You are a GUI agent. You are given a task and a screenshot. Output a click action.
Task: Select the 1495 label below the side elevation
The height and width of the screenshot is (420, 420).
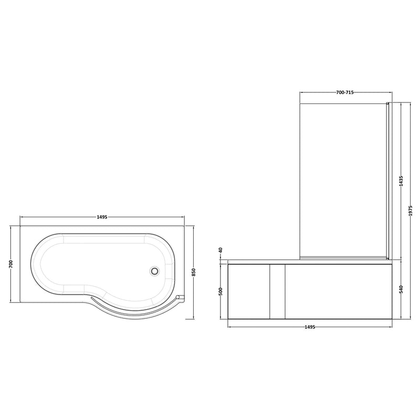310,327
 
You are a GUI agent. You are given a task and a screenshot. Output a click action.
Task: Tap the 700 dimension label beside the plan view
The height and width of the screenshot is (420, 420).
11,264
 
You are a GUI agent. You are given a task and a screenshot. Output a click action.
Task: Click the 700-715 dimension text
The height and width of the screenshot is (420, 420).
344,92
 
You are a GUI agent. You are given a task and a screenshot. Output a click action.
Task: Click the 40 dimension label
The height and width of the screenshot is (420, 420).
221,250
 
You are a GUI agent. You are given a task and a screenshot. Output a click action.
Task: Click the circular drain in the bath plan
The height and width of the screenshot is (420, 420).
154,271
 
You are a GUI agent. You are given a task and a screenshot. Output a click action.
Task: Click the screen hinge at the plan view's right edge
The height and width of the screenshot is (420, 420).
182,297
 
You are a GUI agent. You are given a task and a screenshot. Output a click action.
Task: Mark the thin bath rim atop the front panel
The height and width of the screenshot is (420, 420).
310,260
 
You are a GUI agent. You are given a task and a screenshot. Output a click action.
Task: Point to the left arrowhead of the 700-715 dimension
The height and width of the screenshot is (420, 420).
301,92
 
